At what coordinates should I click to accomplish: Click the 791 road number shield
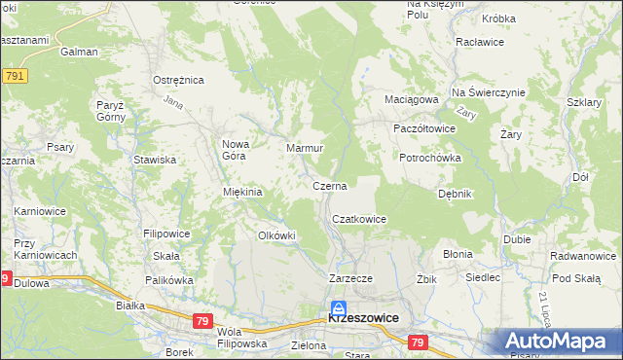tap(14, 76)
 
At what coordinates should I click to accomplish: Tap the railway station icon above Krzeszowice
tap(338, 306)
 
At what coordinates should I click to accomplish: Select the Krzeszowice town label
tap(366, 318)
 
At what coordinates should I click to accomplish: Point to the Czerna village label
tap(330, 185)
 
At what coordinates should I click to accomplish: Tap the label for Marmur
tap(304, 148)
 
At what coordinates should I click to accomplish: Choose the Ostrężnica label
tap(176, 80)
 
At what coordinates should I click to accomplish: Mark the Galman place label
tap(79, 52)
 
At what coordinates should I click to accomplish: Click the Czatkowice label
tap(359, 220)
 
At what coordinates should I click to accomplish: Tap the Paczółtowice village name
tap(423, 128)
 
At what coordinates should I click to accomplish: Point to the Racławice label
tap(478, 43)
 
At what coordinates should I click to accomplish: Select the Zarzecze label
tap(350, 277)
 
